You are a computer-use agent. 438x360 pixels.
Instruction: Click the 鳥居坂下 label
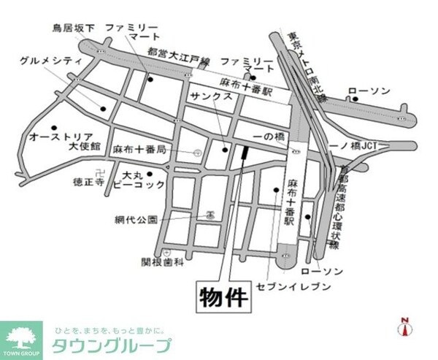pyautogui.click(x=73, y=28)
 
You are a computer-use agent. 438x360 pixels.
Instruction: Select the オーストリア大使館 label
pyautogui.click(x=61, y=141)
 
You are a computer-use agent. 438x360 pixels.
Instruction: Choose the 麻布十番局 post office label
pyautogui.click(x=139, y=149)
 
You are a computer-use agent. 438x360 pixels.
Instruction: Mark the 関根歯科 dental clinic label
pyautogui.click(x=161, y=261)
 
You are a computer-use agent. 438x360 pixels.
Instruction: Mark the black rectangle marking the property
pyautogui.click(x=243, y=154)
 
